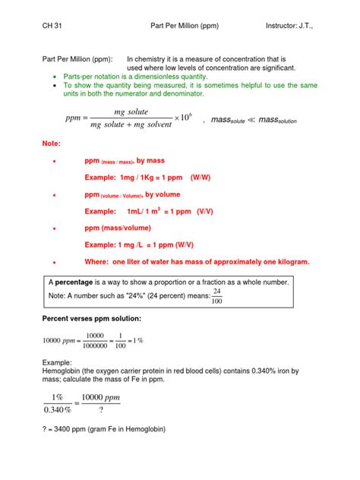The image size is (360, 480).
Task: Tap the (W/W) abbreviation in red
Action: pos(204,177)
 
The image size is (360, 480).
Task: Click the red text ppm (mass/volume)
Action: pos(118,228)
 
